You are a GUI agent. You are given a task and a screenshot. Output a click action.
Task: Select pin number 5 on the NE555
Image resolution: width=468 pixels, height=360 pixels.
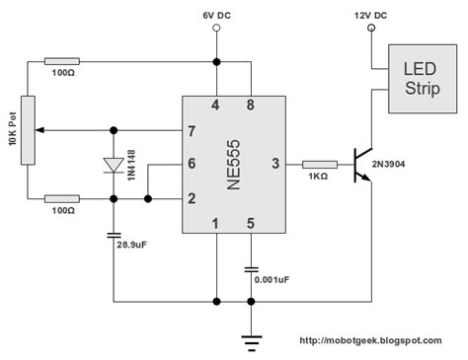point(251,223)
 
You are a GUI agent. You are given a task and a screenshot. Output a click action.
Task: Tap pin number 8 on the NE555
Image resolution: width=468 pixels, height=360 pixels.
point(251,105)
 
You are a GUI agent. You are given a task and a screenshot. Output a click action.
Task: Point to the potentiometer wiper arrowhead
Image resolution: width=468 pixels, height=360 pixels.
point(41,129)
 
